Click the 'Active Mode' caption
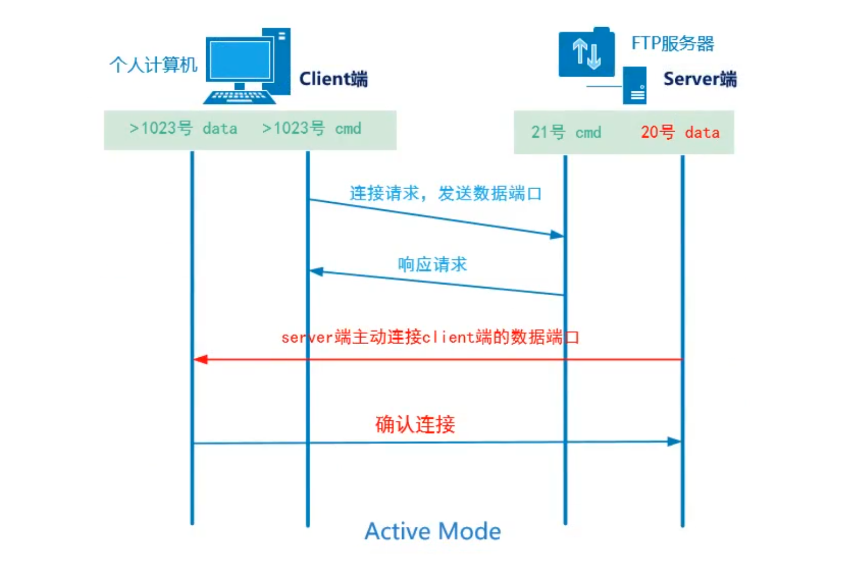[x=433, y=531]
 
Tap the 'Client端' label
[x=333, y=79]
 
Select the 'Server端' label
[x=700, y=79]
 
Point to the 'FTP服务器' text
[x=673, y=43]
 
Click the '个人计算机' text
[x=153, y=65]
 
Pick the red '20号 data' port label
[x=680, y=132]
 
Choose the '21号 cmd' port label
[x=566, y=132]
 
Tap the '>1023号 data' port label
[x=183, y=128]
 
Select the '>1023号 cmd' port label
[x=312, y=128]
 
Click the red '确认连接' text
[x=415, y=424]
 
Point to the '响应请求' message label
[x=432, y=264]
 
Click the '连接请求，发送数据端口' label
[x=445, y=193]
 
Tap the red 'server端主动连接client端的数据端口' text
[x=430, y=337]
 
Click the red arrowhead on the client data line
[x=201, y=359]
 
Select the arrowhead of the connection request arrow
[x=557, y=235]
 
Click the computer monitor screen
[x=240, y=60]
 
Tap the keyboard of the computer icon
[x=239, y=97]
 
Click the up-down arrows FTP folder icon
[x=586, y=53]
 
